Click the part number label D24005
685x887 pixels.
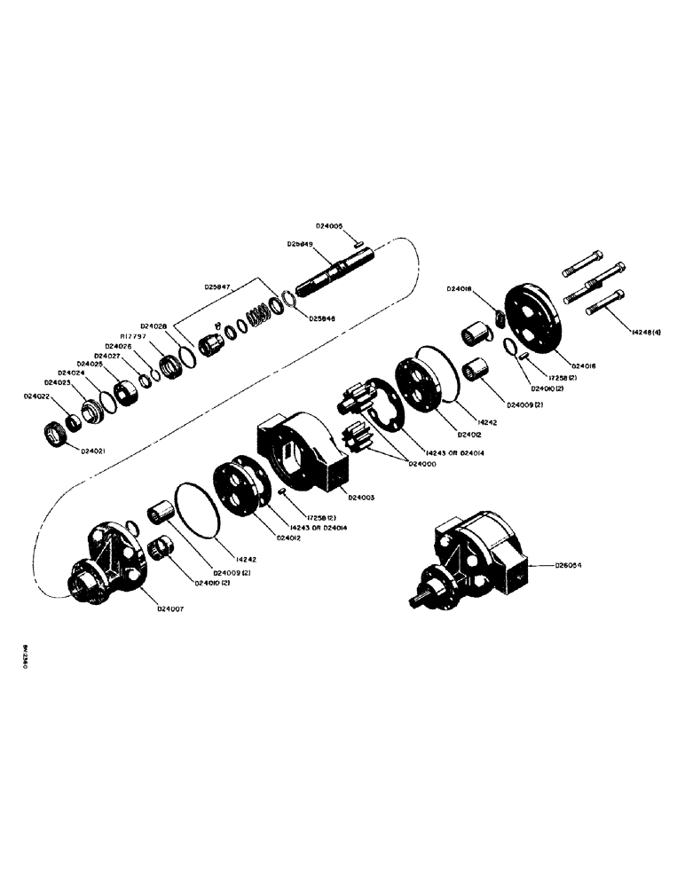(333, 227)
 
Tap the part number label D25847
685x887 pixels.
(218, 287)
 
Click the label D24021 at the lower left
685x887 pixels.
(96, 451)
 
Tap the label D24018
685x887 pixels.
(461, 288)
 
